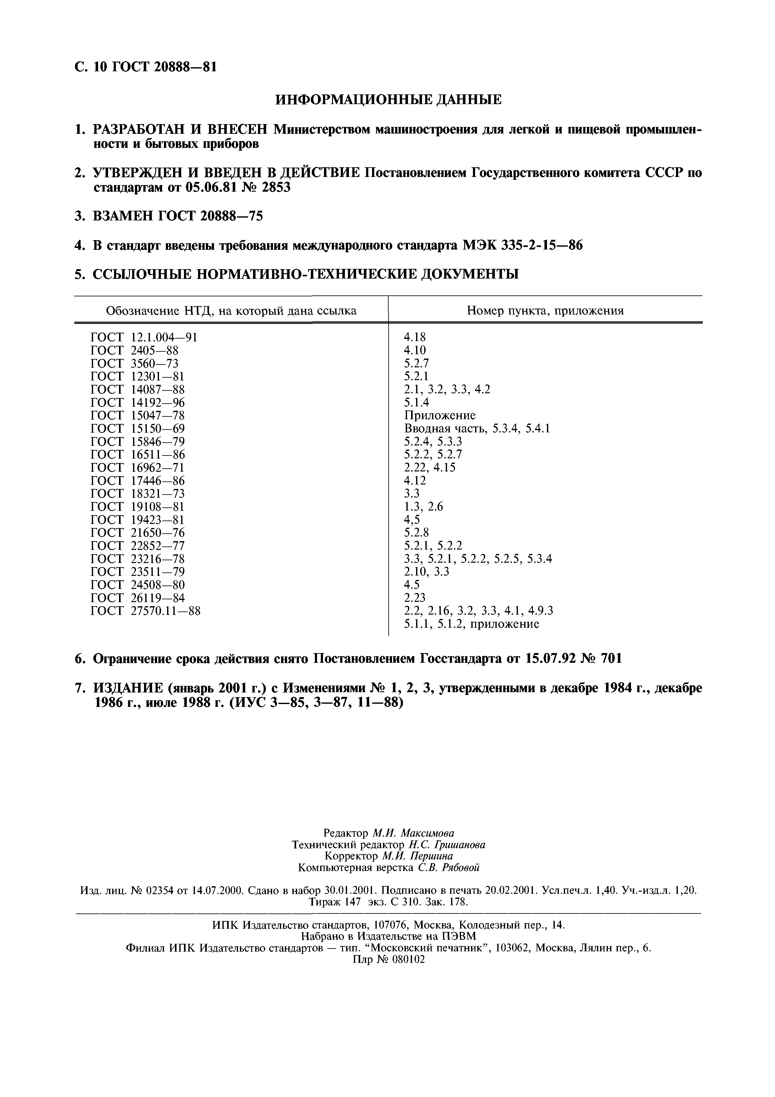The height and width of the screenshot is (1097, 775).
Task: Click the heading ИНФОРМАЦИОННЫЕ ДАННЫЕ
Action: [388, 99]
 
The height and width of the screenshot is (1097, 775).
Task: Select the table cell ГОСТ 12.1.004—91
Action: [144, 337]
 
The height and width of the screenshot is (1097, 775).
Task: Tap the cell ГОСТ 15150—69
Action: [137, 429]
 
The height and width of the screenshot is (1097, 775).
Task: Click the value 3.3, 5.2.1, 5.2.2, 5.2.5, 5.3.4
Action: [478, 559]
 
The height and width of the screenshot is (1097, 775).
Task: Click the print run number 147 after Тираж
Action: [351, 902]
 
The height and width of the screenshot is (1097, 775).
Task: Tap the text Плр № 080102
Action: [388, 959]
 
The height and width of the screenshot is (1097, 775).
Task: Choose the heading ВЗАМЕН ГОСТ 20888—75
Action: [177, 216]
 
